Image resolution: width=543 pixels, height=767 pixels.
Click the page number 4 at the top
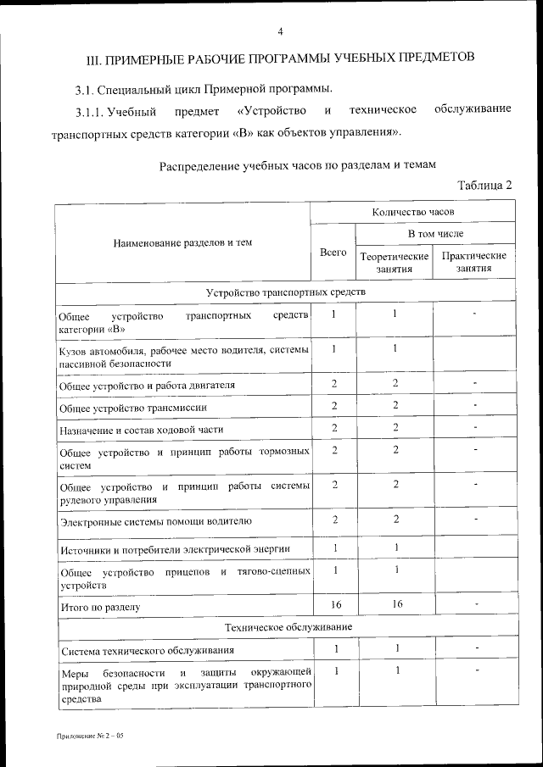point(280,32)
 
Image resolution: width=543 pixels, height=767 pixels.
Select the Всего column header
point(333,252)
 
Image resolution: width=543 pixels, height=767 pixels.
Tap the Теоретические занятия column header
point(395,263)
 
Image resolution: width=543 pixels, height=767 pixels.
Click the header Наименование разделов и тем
point(182,243)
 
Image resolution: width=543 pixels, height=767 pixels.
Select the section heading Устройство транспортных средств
point(285,292)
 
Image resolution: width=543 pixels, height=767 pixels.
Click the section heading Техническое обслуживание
point(285,627)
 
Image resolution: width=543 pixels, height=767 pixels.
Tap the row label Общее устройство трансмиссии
point(133,408)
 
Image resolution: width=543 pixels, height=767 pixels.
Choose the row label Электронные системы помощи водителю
point(155,520)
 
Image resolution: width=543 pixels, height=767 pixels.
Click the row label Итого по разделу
point(100,608)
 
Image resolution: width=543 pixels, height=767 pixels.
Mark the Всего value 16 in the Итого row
point(334,604)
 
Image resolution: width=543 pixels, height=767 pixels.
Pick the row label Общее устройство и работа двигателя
point(147,386)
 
